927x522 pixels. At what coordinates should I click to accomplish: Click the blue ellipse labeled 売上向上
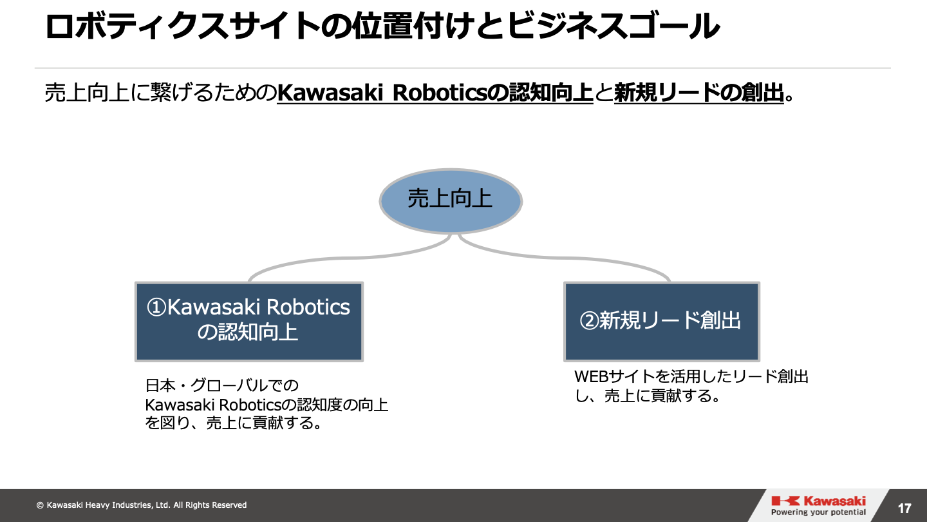(451, 200)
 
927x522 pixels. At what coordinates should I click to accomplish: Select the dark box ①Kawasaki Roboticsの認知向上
(249, 321)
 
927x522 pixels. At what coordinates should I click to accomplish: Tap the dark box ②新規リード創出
(662, 321)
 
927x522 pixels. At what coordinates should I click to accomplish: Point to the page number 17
(904, 508)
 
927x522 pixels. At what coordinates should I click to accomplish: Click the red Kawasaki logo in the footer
(818, 501)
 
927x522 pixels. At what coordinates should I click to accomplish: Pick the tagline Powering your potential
(818, 513)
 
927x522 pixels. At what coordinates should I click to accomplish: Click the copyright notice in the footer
(142, 505)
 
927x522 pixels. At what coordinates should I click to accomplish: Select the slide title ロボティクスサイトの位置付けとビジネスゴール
(382, 27)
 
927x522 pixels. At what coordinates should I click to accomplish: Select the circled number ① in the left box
(157, 307)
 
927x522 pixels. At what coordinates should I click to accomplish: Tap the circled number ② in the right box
(590, 321)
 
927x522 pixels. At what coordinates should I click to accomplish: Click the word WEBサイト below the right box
(608, 377)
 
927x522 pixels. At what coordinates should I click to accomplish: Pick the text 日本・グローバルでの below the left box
(222, 386)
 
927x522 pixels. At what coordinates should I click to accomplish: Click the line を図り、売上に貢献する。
(233, 423)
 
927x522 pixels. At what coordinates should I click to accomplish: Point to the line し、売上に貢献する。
(647, 396)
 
